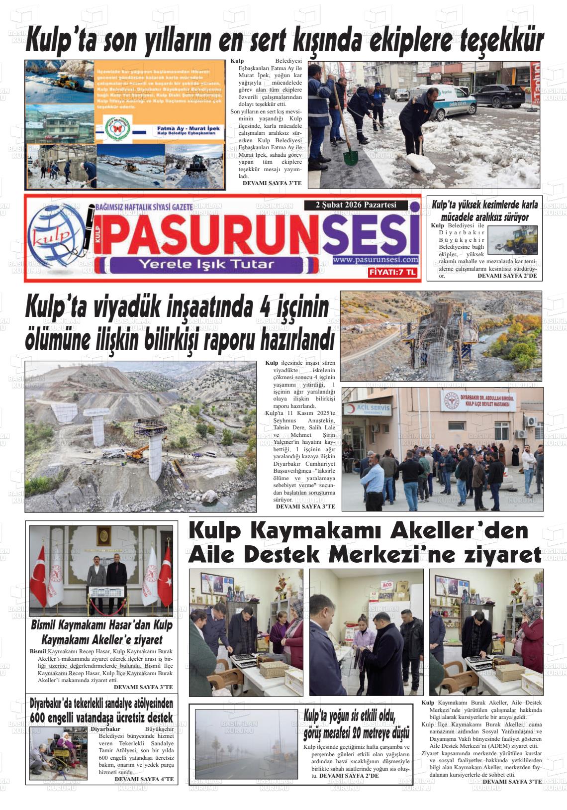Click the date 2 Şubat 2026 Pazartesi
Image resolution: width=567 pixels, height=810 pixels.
[x=356, y=205]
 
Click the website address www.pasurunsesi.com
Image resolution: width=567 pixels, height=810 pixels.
[x=376, y=260]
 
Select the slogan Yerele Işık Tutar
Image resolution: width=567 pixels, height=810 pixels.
[x=206, y=264]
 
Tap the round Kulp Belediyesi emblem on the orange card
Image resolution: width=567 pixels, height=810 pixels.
[x=118, y=129]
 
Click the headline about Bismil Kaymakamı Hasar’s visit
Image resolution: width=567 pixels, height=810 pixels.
[x=101, y=632]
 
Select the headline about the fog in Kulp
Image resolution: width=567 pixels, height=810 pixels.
[x=357, y=724]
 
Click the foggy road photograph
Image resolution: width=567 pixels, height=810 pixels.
[x=247, y=743]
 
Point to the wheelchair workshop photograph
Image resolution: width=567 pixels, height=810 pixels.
[x=58, y=752]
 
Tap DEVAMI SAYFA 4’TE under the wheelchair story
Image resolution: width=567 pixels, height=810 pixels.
[x=144, y=779]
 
